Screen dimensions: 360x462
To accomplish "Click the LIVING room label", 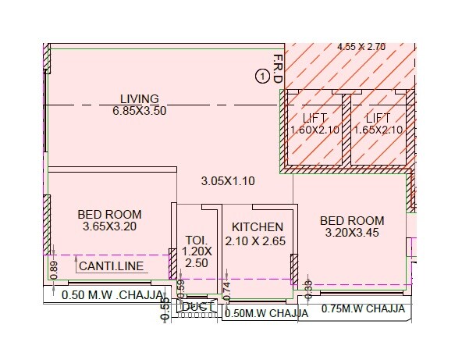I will tap(140, 99).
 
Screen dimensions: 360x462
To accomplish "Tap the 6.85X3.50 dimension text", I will tap(140, 110).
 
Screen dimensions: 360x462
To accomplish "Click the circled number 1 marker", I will tap(262, 76).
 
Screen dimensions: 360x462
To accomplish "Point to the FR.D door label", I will tap(277, 70).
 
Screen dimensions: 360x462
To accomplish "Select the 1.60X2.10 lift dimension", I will tap(315, 130).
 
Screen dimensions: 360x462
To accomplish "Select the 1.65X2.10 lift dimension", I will tap(378, 130).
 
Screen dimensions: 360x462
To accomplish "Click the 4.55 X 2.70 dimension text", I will tap(361, 47).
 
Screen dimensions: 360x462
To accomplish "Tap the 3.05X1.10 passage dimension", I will tap(229, 181).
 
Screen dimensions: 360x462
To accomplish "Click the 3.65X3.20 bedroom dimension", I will tap(109, 226).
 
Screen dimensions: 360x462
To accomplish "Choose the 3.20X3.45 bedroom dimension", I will tap(352, 233).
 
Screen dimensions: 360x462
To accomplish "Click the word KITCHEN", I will tap(257, 227).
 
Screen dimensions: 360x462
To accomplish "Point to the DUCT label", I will tap(194, 307).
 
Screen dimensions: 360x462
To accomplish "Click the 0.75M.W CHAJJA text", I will tap(363, 308).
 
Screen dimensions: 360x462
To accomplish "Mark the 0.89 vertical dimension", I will tap(54, 268).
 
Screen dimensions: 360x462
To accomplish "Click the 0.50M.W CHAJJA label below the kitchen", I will tap(261, 313).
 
